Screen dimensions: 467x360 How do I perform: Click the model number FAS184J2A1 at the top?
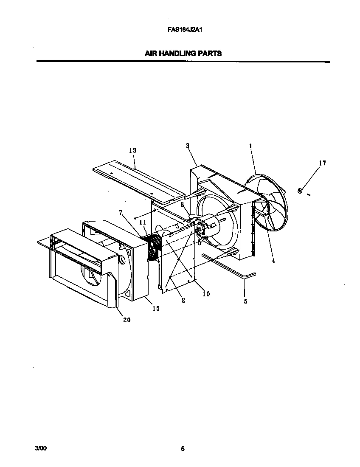[x=183, y=30]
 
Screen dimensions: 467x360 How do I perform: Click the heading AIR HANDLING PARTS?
[x=183, y=53]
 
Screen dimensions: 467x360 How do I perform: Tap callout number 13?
[x=132, y=151]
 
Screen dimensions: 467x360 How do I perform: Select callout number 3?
[x=187, y=146]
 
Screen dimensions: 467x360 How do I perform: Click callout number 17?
[x=322, y=163]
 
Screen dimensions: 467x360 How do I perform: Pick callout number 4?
[x=273, y=261]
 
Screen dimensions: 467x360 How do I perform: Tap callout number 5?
[x=245, y=301]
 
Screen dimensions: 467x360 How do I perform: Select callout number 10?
[x=206, y=294]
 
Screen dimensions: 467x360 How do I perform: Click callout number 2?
[x=183, y=301]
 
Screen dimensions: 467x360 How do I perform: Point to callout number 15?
[x=156, y=309]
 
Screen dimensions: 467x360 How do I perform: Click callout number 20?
[x=127, y=320]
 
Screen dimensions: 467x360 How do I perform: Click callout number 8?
[x=183, y=204]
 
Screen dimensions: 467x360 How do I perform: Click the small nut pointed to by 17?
[x=300, y=191]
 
